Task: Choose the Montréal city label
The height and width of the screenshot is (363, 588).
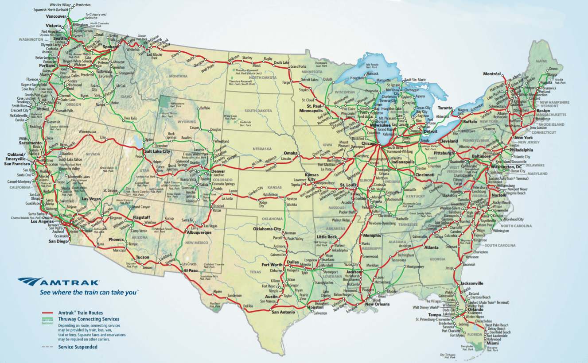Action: click(x=492, y=74)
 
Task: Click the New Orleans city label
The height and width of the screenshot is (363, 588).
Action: click(x=377, y=304)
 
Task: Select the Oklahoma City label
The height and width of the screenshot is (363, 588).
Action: click(x=267, y=229)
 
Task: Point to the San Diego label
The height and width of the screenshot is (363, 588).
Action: click(x=58, y=241)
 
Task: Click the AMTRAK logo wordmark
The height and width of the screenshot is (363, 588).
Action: click(x=66, y=281)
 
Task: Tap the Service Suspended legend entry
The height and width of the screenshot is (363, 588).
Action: click(x=78, y=347)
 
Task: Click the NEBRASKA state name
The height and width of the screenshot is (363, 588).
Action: click(x=262, y=149)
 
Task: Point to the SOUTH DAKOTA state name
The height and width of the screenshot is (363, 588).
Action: click(x=258, y=110)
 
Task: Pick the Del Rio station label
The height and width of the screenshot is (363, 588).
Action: click(x=248, y=306)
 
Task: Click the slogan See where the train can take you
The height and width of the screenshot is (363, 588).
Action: click(x=89, y=292)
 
